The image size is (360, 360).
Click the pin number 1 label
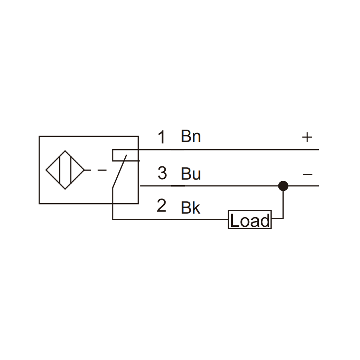coord(162,137)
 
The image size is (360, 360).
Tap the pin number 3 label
coord(162,173)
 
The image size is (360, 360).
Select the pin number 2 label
coord(162,206)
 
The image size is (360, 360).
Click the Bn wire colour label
coord(191,136)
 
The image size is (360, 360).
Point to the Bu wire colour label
coord(191,174)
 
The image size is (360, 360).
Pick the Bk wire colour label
coord(190,208)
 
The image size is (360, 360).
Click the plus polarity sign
coord(307,137)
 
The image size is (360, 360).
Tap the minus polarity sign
coord(308,175)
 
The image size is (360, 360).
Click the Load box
coord(250,220)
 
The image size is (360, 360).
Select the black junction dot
coord(283,186)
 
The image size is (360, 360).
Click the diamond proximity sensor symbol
coord(65,170)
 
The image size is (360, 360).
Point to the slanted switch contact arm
coord(119,172)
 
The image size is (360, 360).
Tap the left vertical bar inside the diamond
coord(60,170)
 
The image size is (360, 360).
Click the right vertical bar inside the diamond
coord(71,170)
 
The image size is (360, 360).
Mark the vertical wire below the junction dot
coord(283,202)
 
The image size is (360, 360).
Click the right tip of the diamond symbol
coord(84,170)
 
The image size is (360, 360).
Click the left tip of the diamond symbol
coord(46,170)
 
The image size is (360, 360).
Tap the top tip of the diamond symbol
coord(65,151)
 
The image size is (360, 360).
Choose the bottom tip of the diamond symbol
coord(65,189)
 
